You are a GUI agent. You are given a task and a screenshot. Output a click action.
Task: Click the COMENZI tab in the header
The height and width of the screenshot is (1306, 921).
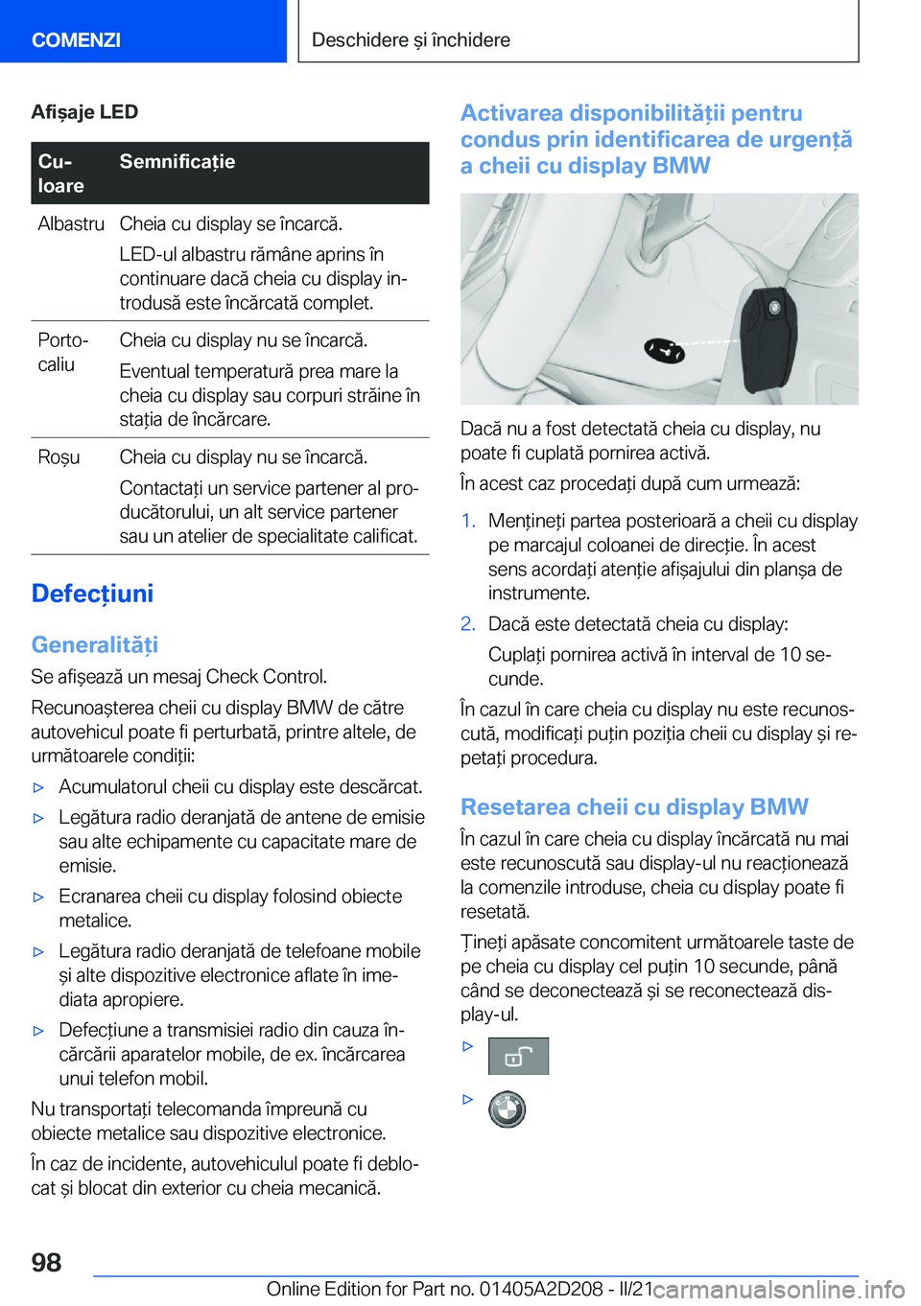(76, 40)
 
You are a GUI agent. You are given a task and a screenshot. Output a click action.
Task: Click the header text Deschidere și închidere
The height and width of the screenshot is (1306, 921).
(411, 40)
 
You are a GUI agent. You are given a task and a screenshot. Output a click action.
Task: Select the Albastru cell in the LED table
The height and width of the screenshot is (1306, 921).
(71, 223)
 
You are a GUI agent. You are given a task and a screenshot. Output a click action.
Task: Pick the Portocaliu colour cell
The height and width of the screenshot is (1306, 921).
(63, 352)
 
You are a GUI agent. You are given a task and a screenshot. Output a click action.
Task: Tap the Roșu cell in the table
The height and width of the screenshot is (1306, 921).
(59, 457)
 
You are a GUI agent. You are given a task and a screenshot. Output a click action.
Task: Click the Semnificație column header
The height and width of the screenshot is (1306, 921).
(177, 162)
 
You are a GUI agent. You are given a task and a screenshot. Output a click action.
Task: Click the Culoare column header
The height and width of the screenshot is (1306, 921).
(61, 174)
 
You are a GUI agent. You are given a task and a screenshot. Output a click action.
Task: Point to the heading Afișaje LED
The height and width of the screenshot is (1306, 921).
(84, 112)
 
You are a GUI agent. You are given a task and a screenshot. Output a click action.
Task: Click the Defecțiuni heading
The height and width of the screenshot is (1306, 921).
(92, 594)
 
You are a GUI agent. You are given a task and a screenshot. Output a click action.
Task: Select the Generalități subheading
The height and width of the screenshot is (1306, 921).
(94, 644)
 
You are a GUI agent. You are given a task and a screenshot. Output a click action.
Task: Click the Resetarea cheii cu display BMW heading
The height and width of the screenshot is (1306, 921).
(634, 806)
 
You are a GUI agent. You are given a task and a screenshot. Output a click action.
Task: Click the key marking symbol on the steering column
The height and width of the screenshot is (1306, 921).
(664, 350)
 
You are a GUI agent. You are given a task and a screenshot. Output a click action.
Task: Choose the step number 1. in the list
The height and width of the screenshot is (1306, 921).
(468, 521)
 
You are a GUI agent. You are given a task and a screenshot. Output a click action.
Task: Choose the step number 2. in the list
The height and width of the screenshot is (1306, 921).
(468, 624)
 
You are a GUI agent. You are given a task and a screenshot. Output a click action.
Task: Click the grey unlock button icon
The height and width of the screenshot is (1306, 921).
(518, 1056)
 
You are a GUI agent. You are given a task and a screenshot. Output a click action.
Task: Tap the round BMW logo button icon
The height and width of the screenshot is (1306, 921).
(507, 1109)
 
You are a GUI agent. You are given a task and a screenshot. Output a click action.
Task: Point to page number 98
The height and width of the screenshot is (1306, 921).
(46, 1262)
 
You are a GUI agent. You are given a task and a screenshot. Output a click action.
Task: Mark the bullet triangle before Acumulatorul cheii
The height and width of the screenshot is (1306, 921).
(39, 787)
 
